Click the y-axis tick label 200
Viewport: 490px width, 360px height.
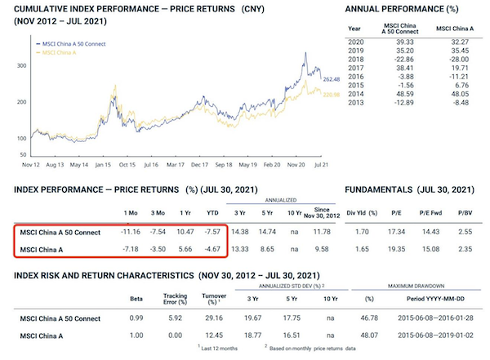pyautogui.click(x=19, y=101)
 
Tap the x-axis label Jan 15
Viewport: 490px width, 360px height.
pyautogui.click(x=103, y=164)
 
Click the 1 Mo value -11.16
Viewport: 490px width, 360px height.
pyautogui.click(x=131, y=233)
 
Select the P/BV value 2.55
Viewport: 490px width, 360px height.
pyautogui.click(x=465, y=233)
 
